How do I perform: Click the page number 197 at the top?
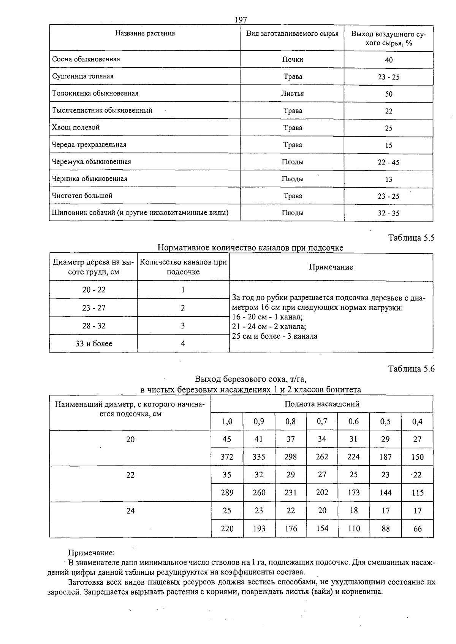click(x=241, y=20)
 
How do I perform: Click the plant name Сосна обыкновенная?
click(x=86, y=59)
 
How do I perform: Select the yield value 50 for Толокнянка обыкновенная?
click(x=388, y=94)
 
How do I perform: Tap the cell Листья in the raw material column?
click(x=292, y=93)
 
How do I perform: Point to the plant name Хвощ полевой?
click(x=76, y=128)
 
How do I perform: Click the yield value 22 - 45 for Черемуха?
click(x=388, y=162)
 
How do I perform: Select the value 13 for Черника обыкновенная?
click(x=388, y=179)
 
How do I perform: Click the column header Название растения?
click(x=145, y=33)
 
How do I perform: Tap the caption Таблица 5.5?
click(x=411, y=238)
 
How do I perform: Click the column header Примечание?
click(x=331, y=267)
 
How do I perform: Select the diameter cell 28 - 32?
click(x=93, y=326)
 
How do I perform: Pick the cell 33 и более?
click(x=93, y=344)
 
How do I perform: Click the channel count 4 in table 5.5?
click(x=183, y=344)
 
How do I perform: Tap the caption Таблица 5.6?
click(x=411, y=369)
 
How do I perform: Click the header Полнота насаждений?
click(x=321, y=404)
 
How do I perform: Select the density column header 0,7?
click(x=322, y=421)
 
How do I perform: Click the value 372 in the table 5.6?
click(x=227, y=457)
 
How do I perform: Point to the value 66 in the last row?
click(x=417, y=529)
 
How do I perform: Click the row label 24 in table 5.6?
click(x=130, y=511)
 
